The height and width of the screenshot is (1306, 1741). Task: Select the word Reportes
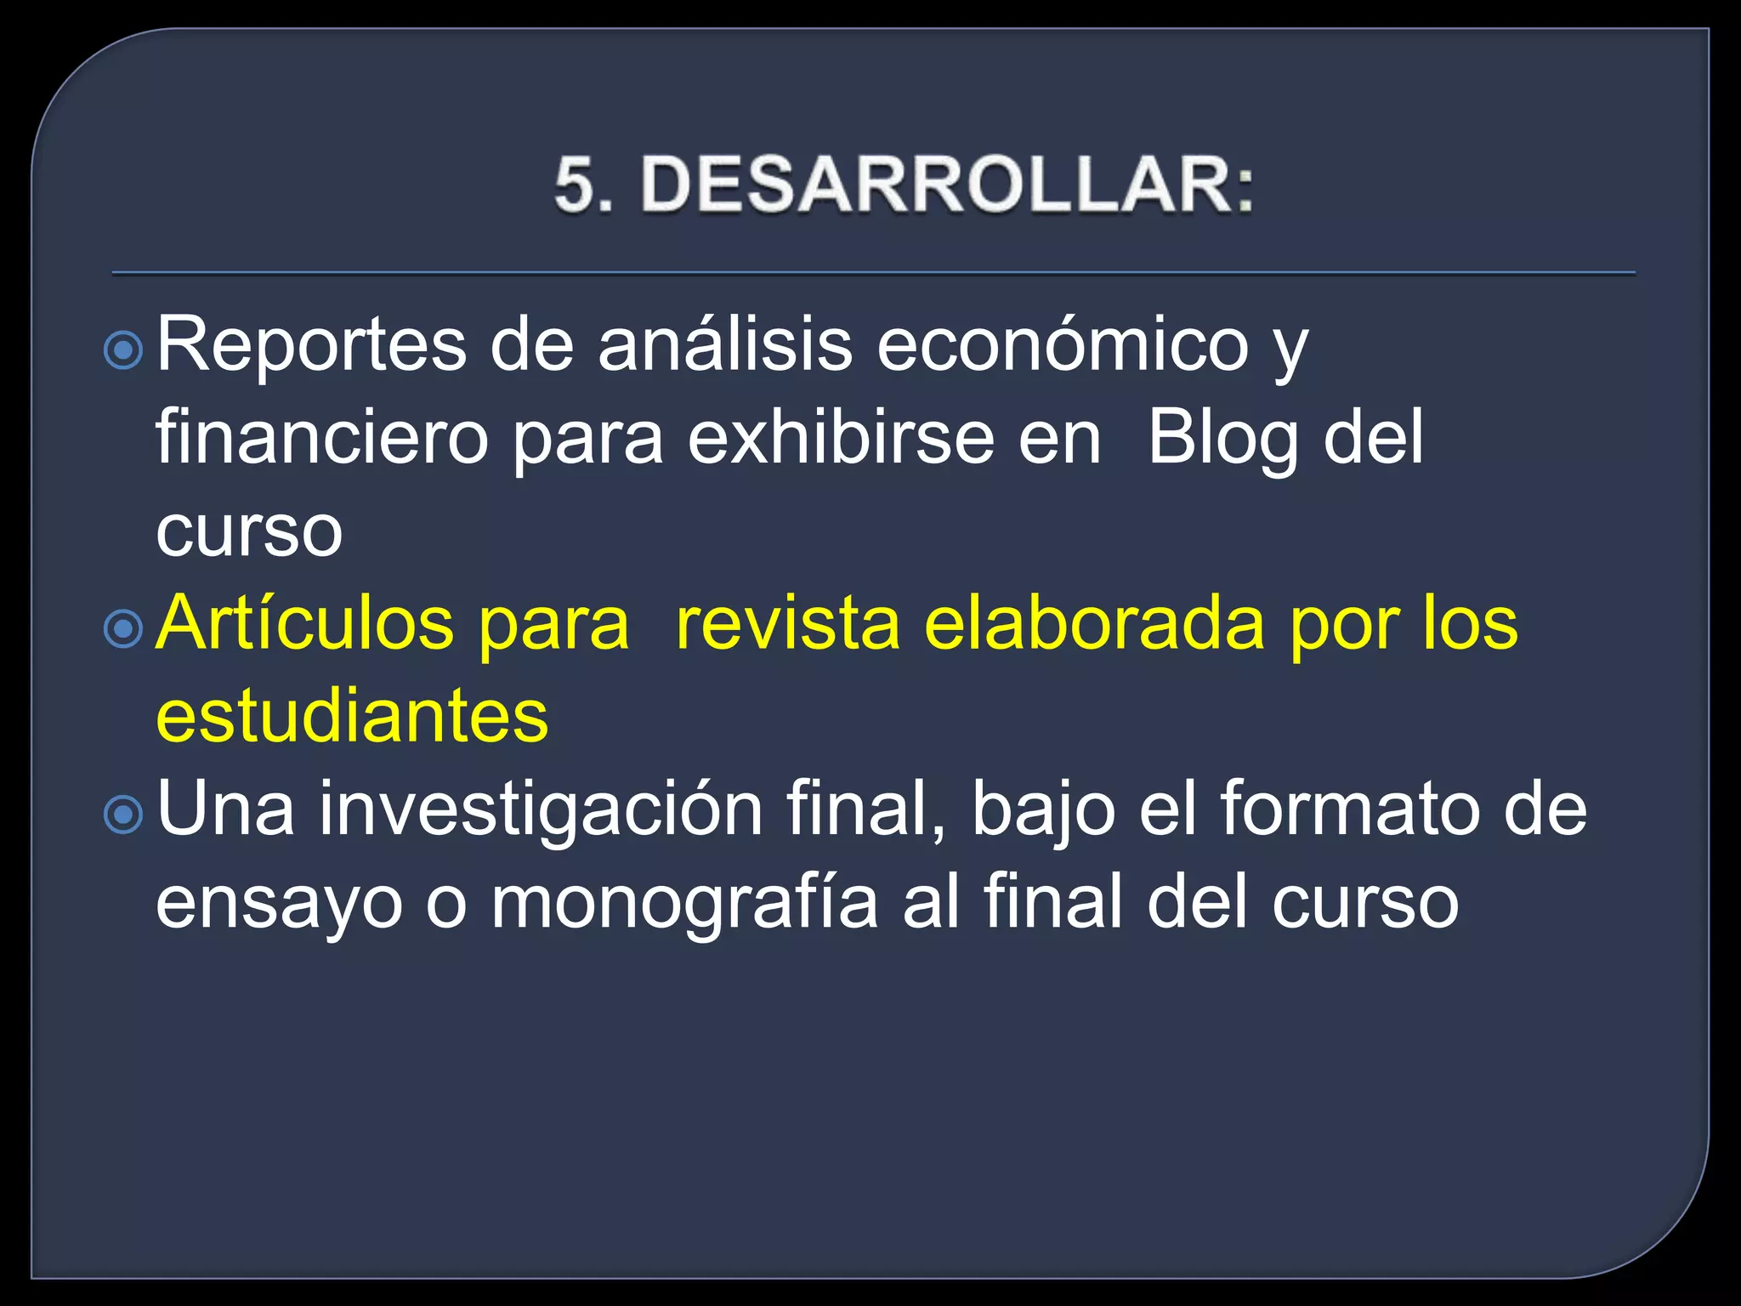pos(311,345)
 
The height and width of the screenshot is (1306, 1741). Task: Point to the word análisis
pos(724,345)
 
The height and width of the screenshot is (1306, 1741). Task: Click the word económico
pos(1062,345)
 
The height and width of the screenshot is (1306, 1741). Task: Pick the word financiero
pos(322,437)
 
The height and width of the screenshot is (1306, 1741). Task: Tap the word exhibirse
pos(840,437)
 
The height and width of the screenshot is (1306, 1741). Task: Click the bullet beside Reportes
pos(124,349)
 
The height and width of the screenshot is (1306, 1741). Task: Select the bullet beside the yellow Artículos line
pos(124,628)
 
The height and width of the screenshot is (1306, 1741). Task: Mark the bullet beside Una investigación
pos(124,814)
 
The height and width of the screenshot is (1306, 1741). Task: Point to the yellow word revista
pos(787,623)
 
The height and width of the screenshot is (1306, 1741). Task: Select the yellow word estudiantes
pos(352,716)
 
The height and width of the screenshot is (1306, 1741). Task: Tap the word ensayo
pos(279,905)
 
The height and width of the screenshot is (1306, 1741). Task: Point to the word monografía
pos(684,905)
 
